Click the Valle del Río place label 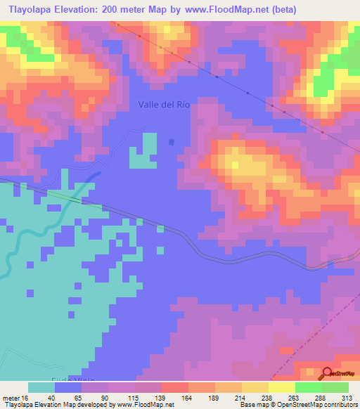point(165,104)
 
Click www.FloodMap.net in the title point(226,10)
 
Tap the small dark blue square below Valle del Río point(172,142)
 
